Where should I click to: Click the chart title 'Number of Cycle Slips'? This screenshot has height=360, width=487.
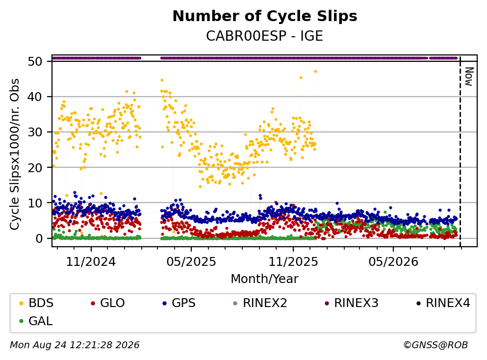click(x=265, y=16)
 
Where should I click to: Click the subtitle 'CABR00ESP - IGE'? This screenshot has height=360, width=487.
click(x=265, y=36)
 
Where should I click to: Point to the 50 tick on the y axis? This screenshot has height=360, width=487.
click(x=35, y=61)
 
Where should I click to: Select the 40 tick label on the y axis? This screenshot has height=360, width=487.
click(x=35, y=97)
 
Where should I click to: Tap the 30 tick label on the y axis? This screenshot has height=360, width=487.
click(x=35, y=132)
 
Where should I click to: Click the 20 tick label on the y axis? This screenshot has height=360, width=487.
click(x=35, y=168)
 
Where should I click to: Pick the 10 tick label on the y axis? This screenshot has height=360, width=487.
click(x=35, y=203)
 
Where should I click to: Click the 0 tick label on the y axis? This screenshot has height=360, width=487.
click(x=39, y=238)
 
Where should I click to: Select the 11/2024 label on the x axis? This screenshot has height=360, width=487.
click(x=91, y=262)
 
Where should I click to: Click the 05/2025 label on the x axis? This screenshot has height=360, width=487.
click(x=191, y=262)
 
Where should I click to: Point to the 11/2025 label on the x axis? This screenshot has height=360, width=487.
click(x=293, y=262)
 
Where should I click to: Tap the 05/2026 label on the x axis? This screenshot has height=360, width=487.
click(x=393, y=262)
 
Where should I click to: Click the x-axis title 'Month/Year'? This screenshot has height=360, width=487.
click(x=265, y=279)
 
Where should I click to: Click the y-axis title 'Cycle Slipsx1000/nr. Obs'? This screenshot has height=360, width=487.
click(x=15, y=154)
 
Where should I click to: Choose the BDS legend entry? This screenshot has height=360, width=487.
click(x=36, y=303)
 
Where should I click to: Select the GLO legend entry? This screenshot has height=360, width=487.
click(x=108, y=303)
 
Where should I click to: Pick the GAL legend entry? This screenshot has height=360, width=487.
click(x=36, y=321)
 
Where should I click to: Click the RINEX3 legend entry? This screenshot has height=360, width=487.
click(x=352, y=303)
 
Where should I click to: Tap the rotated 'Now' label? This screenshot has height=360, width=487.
click(x=469, y=77)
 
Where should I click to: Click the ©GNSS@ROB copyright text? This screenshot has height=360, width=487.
click(x=436, y=345)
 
